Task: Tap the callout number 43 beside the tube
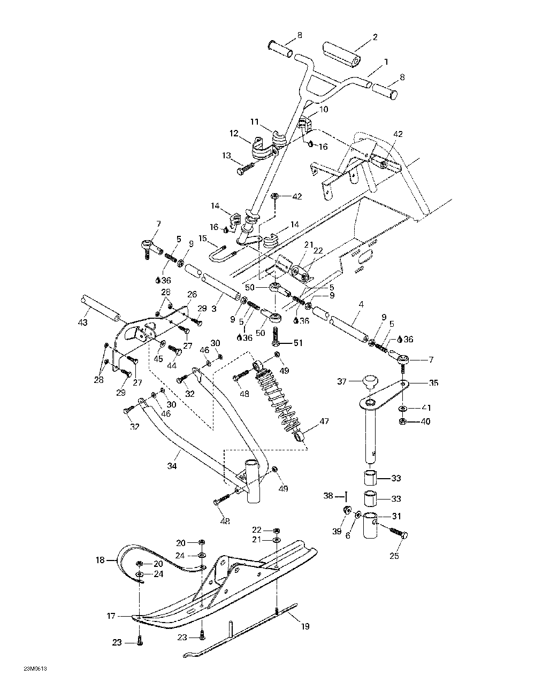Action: click(82, 323)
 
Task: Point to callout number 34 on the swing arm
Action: click(171, 466)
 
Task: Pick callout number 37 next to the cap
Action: click(342, 381)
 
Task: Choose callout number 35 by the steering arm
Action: click(433, 383)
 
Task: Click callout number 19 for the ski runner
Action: click(305, 626)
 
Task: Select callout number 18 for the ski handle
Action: click(100, 560)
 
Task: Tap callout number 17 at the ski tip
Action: click(111, 616)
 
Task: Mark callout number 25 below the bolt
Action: click(394, 556)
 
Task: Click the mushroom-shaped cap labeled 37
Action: click(368, 382)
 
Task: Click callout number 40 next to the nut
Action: click(425, 421)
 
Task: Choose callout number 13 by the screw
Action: click(227, 156)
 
